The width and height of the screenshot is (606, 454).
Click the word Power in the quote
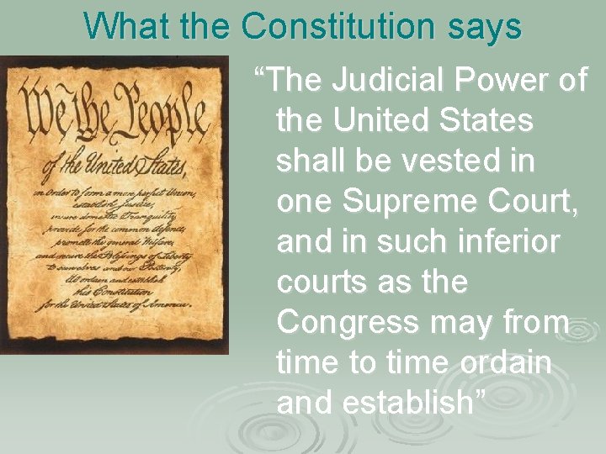coord(503,82)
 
